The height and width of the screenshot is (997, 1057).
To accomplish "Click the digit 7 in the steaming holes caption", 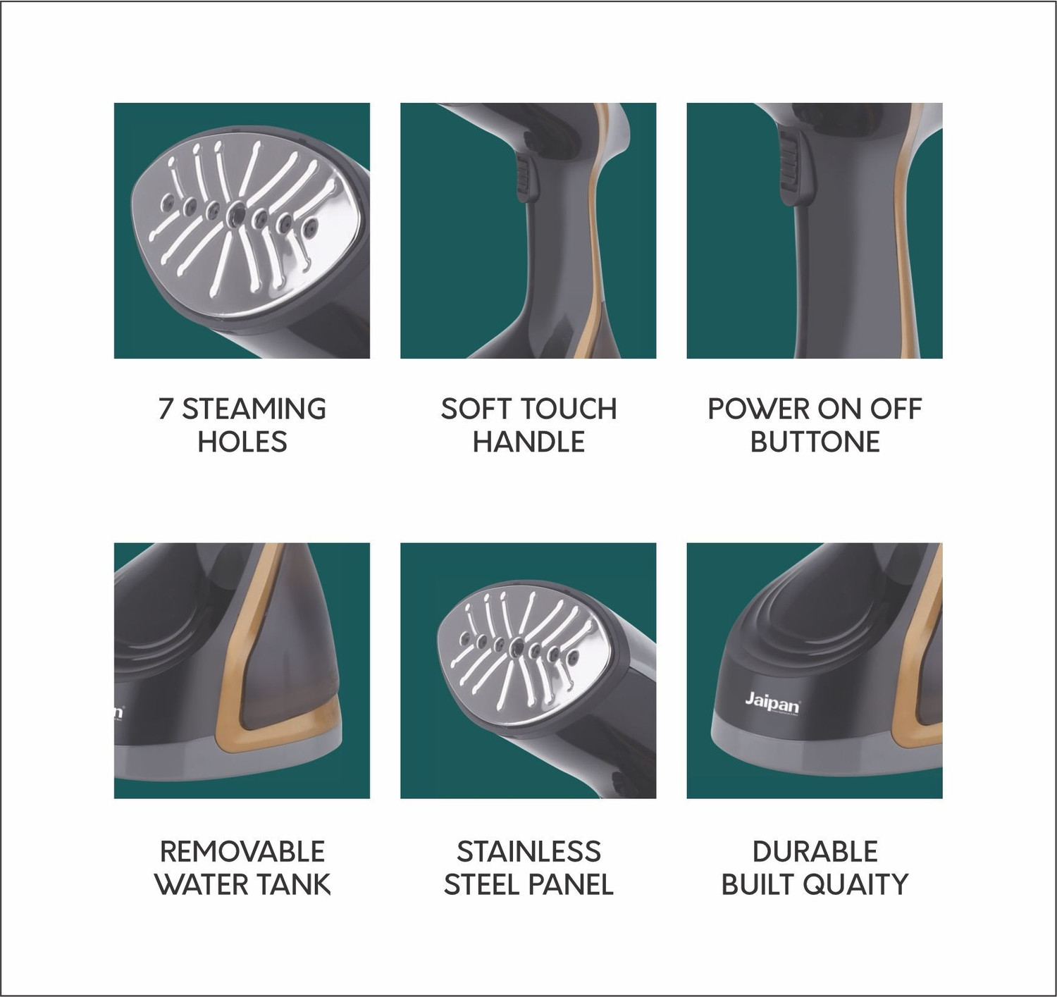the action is [x=166, y=409].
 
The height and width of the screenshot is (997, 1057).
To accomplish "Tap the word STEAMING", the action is [x=254, y=409].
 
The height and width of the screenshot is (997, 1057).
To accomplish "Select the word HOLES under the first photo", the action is [x=242, y=442].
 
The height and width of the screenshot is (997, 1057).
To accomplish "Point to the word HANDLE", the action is [x=528, y=442].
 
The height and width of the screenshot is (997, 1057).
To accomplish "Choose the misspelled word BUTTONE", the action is [x=815, y=442].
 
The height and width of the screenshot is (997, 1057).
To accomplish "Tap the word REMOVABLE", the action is [x=242, y=852].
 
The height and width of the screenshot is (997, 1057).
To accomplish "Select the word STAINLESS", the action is [x=528, y=852].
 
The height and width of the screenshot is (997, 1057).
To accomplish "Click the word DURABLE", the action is [x=815, y=852].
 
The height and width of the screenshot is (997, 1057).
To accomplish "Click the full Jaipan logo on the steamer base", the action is [x=772, y=705].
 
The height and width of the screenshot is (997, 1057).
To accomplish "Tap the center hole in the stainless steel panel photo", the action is [x=515, y=648].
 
